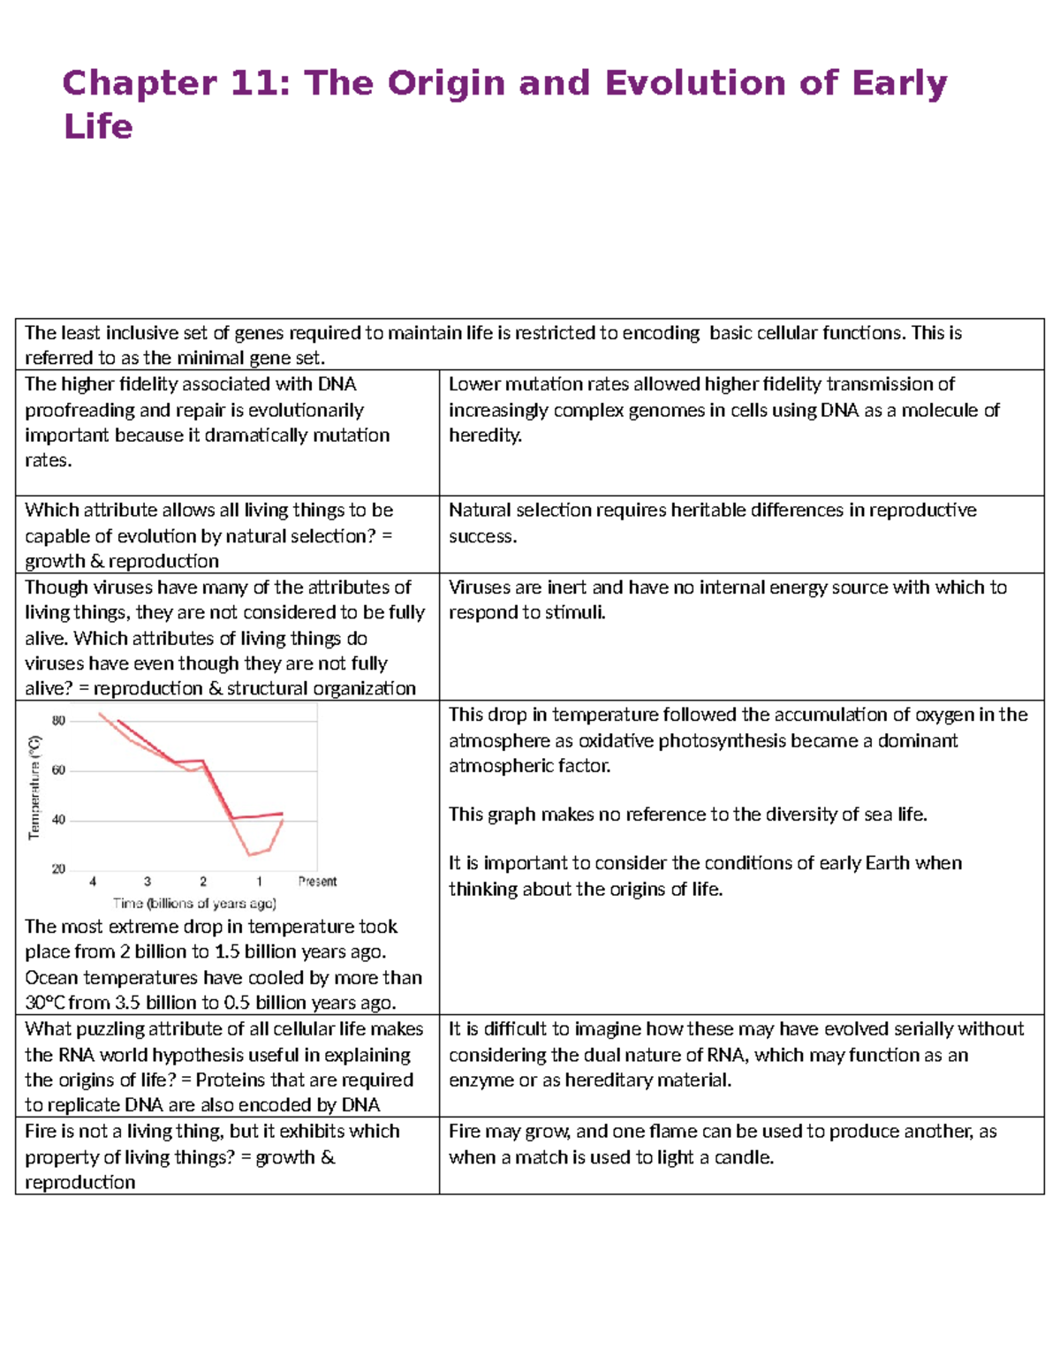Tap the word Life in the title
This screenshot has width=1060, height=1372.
tap(98, 127)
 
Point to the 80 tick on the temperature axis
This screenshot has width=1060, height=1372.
tap(58, 721)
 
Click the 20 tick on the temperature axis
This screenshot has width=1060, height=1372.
tap(58, 869)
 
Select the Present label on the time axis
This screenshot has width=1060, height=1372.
tap(317, 882)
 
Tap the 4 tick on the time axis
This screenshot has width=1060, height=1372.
tap(93, 882)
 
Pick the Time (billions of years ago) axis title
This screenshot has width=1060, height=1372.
tap(194, 904)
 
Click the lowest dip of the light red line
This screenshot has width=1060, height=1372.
tap(250, 854)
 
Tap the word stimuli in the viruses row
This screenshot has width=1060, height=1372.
tap(576, 613)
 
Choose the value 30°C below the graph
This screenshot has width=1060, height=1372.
tap(45, 1003)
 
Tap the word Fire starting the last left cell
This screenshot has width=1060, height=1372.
tap(41, 1132)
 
